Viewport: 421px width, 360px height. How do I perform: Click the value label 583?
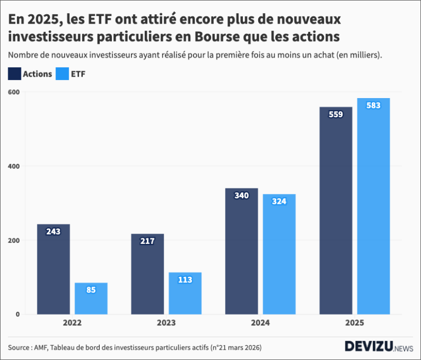pyautogui.click(x=373, y=105)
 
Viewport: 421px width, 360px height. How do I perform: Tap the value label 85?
pyautogui.click(x=91, y=290)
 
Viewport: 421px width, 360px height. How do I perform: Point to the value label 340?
pyautogui.click(x=241, y=196)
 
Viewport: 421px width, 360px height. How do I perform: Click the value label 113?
pyautogui.click(x=185, y=279)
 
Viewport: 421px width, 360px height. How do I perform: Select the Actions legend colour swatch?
pyautogui.click(x=15, y=74)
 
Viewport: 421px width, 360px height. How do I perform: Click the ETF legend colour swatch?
pyautogui.click(x=62, y=74)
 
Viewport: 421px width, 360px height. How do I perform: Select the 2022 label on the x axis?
pyautogui.click(x=72, y=323)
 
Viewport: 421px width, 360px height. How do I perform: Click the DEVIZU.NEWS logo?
pyautogui.click(x=379, y=346)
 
